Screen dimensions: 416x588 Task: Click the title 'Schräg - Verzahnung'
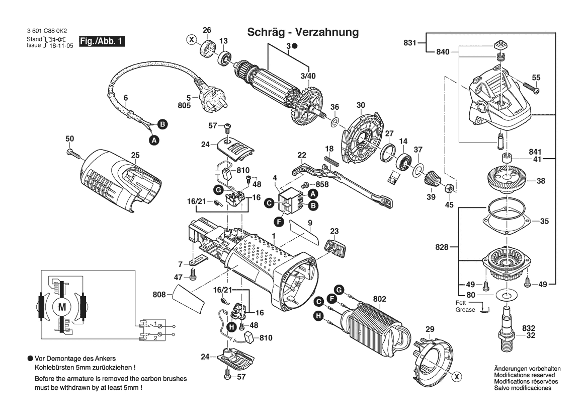(303, 32)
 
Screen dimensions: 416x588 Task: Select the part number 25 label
(135, 155)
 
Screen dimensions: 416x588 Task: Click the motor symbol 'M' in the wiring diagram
(62, 307)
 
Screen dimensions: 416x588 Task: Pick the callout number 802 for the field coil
(379, 299)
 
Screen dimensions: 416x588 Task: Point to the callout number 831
(410, 43)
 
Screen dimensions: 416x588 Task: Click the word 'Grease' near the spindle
(465, 310)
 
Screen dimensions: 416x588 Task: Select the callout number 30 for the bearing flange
(360, 105)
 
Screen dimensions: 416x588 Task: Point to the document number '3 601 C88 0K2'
(47, 31)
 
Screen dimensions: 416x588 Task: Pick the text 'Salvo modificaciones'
(522, 388)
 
